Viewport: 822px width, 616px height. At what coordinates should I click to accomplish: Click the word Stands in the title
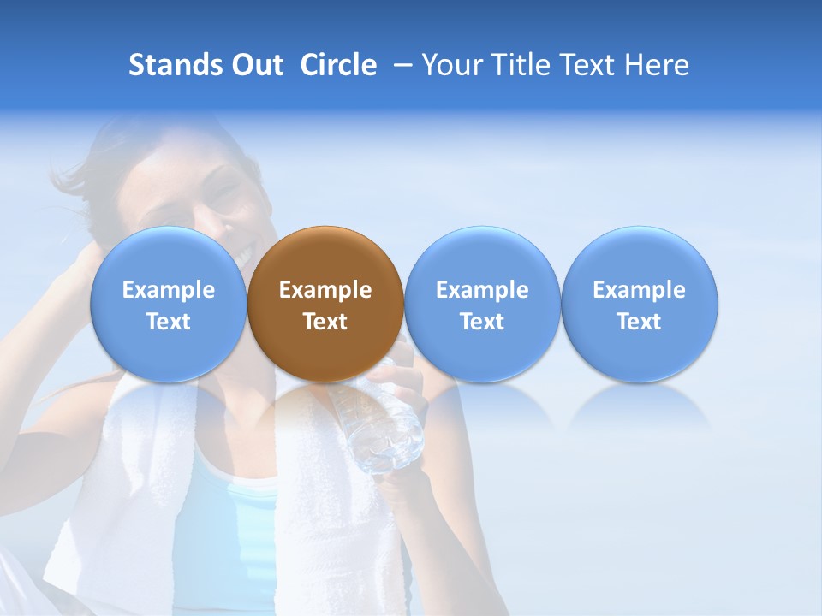175,65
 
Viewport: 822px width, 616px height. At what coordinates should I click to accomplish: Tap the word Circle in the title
338,65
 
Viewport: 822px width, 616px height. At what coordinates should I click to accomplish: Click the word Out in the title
258,65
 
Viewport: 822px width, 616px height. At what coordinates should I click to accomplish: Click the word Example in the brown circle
325,290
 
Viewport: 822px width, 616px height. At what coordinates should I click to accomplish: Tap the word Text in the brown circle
325,322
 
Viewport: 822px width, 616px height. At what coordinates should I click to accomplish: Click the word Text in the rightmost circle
639,322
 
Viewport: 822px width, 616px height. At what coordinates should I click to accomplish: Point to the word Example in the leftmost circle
168,290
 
